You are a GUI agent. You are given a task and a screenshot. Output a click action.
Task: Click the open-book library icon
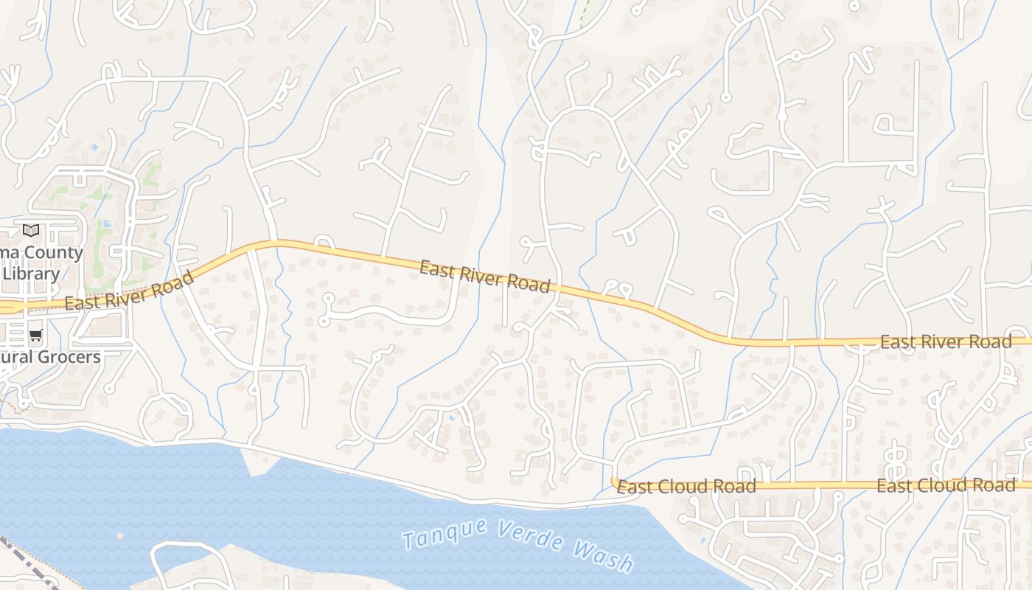coord(30,230)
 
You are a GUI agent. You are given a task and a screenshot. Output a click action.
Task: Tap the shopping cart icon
coord(35,336)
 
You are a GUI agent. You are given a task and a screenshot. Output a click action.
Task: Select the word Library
coord(31,274)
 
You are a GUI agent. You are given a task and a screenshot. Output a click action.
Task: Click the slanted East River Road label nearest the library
coord(129,291)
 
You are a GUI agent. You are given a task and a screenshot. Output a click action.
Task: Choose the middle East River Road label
coord(485,276)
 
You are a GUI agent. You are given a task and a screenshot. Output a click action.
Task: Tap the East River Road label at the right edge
coord(946,342)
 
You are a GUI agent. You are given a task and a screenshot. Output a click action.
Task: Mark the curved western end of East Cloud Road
coord(614,482)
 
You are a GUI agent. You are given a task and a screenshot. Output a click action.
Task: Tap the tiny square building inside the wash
coord(119,536)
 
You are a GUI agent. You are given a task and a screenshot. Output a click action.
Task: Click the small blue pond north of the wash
coord(451,417)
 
